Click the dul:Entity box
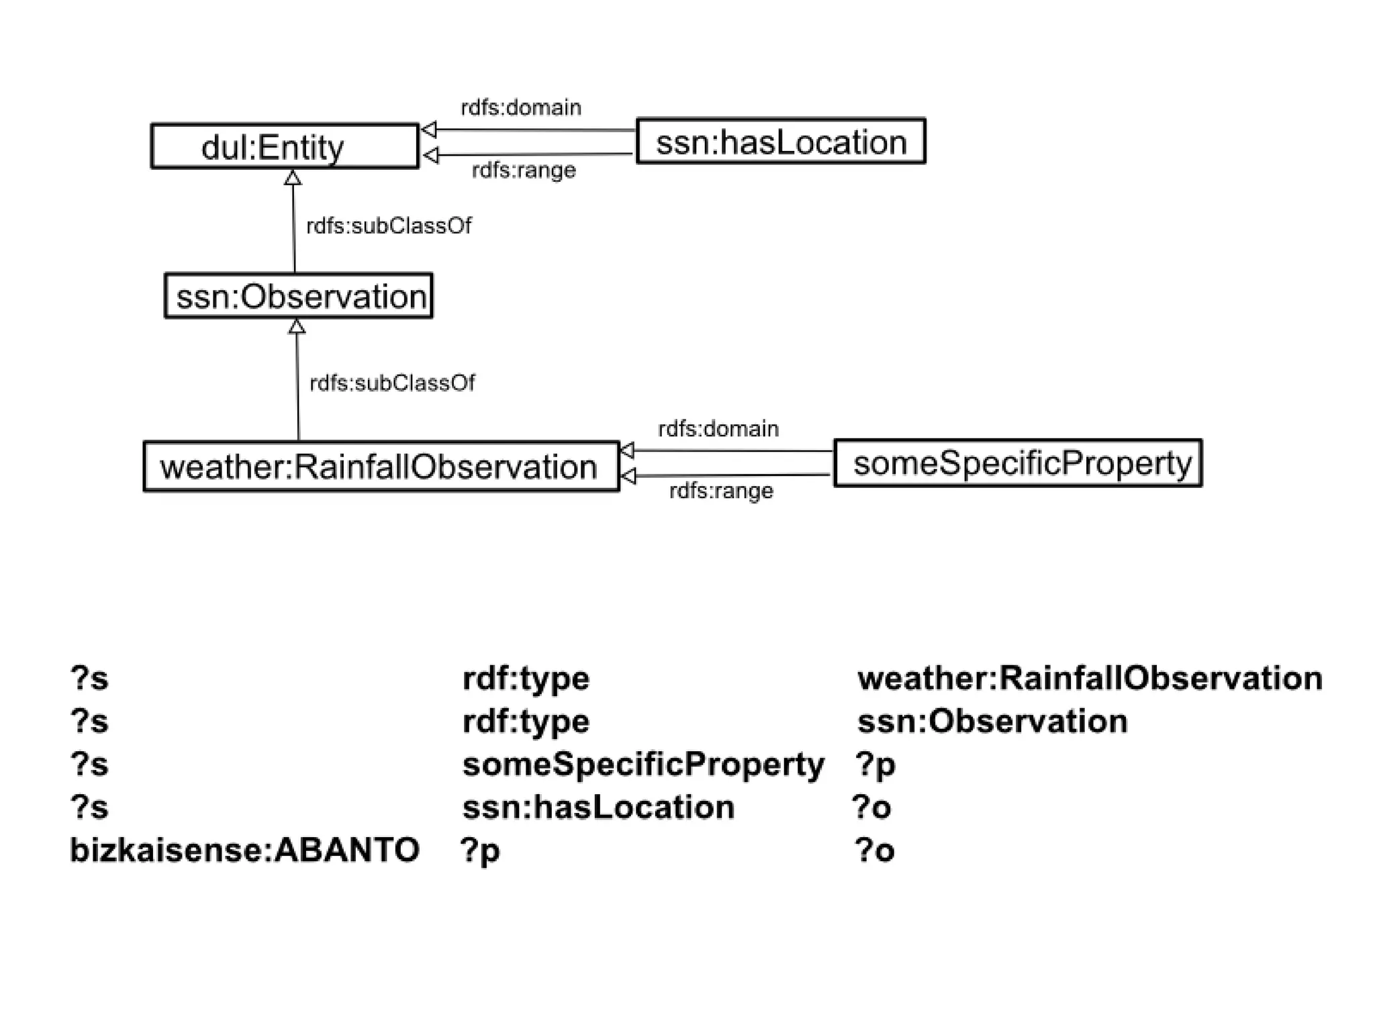285,146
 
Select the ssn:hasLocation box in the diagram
780,142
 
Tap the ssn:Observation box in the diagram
299,296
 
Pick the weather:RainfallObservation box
381,467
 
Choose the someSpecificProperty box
1018,463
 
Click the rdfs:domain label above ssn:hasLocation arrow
521,107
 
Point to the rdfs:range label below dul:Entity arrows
524,170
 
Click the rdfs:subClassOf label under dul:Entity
389,226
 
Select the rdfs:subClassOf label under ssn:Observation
392,383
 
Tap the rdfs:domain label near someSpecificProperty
718,429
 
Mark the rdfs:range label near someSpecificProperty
721,491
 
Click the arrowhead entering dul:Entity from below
293,178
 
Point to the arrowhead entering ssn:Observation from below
297,327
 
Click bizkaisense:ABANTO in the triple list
245,850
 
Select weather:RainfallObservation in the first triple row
1090,679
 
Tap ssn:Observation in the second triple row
992,722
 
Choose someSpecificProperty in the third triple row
643,765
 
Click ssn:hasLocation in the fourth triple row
598,807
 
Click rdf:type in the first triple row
526,679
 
